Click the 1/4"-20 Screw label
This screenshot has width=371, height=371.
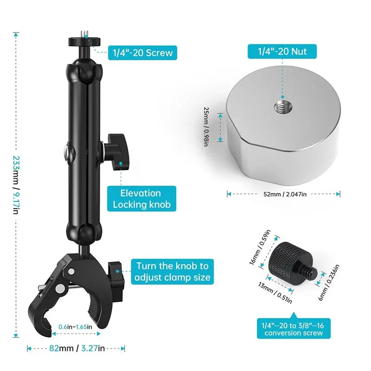[x=142, y=52]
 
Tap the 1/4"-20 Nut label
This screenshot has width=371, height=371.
[x=282, y=51]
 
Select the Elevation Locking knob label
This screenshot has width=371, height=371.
[x=141, y=198]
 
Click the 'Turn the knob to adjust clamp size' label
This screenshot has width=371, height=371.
[x=172, y=272]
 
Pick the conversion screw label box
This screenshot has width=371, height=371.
[x=294, y=329]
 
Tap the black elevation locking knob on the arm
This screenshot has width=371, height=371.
[x=117, y=152]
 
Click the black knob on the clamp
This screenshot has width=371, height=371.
[x=116, y=275]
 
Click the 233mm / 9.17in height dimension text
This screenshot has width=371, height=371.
[x=16, y=185]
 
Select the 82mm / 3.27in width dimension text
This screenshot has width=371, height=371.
[x=77, y=348]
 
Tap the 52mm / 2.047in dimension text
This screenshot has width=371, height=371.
[x=285, y=194]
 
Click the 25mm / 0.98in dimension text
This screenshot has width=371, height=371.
[x=206, y=127]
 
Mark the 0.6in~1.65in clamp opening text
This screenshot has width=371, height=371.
[x=75, y=327]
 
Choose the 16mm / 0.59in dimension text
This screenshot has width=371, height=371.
[x=260, y=247]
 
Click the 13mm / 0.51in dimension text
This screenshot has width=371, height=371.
[x=275, y=293]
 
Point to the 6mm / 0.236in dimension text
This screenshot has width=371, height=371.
[x=329, y=282]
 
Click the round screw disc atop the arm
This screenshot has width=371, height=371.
[x=84, y=42]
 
